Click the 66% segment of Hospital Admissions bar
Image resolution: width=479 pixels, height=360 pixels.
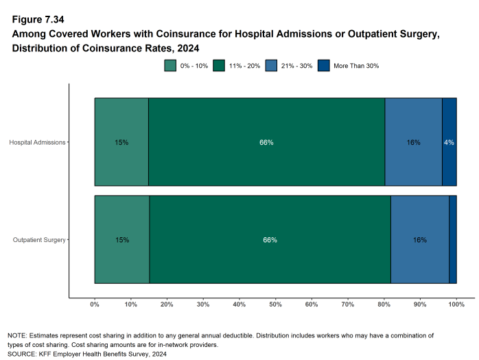(x=266, y=142)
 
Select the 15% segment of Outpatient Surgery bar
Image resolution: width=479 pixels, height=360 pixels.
(x=121, y=240)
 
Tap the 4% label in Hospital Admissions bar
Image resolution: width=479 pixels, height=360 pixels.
(x=449, y=142)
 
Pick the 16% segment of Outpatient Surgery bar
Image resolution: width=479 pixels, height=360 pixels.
(x=420, y=240)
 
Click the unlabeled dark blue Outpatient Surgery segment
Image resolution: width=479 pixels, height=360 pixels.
(x=453, y=240)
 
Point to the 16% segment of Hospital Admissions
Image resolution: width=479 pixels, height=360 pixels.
(x=413, y=142)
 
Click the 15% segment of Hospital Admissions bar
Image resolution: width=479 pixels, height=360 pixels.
(x=121, y=142)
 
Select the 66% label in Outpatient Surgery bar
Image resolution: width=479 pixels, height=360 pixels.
(x=270, y=240)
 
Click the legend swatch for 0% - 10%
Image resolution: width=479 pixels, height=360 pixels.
(x=170, y=66)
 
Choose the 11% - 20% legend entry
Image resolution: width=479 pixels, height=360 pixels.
(x=237, y=66)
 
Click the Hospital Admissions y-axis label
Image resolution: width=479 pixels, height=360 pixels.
(x=37, y=142)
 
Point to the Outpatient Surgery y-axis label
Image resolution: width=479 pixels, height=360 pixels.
(x=39, y=240)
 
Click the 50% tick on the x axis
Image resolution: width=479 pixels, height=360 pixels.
(x=275, y=304)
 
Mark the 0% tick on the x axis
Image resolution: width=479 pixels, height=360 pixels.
(x=95, y=304)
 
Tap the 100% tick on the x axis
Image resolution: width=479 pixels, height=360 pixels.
(x=456, y=304)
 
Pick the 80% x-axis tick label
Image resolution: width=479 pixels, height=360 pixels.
(x=384, y=304)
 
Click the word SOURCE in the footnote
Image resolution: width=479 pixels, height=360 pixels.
(x=23, y=354)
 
